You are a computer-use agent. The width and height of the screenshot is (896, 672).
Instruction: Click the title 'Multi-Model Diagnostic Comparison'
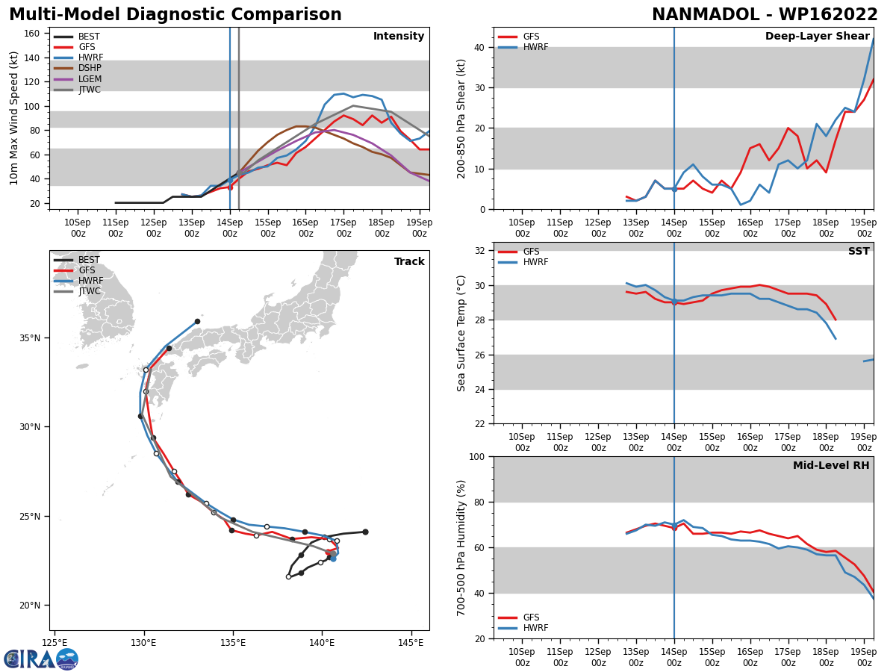click(175, 15)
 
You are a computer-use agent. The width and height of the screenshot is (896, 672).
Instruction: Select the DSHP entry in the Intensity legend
click(90, 68)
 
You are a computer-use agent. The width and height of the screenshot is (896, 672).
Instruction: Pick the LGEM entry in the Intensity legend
click(90, 79)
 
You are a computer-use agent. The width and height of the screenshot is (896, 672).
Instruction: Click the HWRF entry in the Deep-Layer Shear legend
click(535, 47)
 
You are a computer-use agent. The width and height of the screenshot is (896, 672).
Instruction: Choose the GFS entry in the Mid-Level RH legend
click(531, 617)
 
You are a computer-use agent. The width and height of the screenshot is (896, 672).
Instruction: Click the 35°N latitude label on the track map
click(29, 338)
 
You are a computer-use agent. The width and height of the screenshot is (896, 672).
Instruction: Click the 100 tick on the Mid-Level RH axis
click(475, 456)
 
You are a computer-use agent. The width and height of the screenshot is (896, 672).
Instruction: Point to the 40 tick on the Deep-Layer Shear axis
click(478, 48)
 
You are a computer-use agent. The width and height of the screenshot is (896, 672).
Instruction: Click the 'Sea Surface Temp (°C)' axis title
click(462, 333)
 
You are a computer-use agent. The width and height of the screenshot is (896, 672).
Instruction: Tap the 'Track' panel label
click(409, 262)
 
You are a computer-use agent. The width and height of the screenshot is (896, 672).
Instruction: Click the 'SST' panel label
click(859, 252)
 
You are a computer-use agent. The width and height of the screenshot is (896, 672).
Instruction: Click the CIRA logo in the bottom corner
click(41, 659)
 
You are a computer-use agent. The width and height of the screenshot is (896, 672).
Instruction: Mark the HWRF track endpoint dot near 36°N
click(197, 321)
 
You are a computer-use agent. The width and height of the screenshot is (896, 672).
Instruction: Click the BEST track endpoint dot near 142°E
click(365, 532)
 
